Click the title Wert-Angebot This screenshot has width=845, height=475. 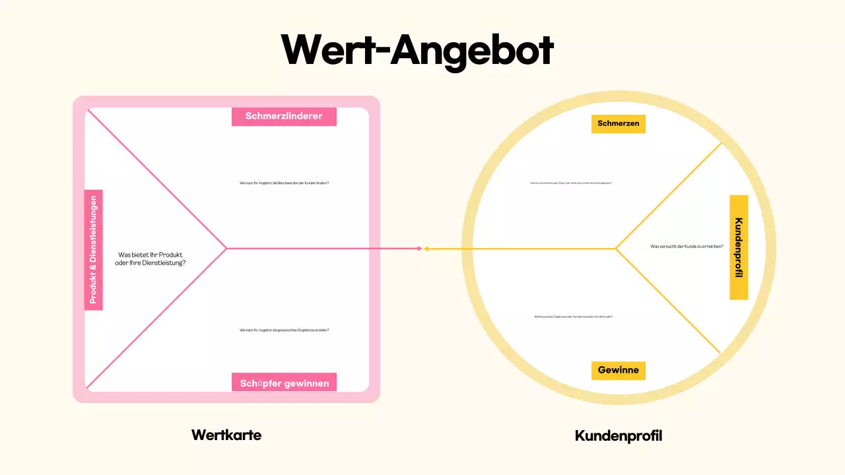[417, 49]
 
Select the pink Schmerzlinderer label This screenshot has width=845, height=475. [284, 116]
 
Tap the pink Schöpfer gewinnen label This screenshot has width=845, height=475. [284, 383]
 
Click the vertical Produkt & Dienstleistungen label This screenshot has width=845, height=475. [94, 249]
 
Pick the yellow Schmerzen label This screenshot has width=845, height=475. [618, 123]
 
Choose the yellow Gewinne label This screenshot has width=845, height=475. [618, 370]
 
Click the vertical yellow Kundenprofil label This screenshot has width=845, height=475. [739, 247]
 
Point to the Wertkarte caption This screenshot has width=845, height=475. [226, 435]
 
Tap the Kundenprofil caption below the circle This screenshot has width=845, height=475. [619, 435]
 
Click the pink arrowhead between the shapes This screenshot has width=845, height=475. [419, 249]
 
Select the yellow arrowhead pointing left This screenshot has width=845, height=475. [427, 249]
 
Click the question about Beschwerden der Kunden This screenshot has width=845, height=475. [284, 183]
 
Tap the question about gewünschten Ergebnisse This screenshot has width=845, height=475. [284, 330]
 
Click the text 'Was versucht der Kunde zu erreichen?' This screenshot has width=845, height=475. [687, 246]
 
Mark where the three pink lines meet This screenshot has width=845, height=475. [226, 248]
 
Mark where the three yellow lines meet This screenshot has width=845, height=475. [616, 249]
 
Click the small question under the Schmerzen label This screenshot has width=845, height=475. [571, 183]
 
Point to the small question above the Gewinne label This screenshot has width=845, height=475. [574, 317]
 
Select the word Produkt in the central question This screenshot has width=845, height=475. [172, 255]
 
